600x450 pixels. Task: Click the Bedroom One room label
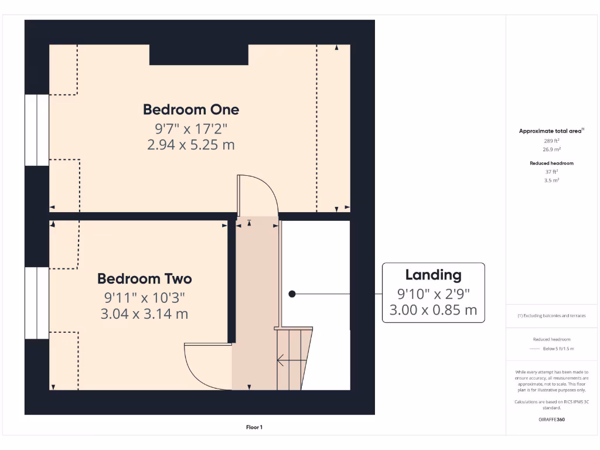pyautogui.click(x=191, y=110)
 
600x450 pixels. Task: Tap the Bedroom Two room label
pyautogui.click(x=145, y=278)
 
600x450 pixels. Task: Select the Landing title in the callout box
pyautogui.click(x=434, y=275)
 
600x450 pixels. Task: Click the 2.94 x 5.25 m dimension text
pyautogui.click(x=191, y=145)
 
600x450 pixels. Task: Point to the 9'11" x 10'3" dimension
pyautogui.click(x=145, y=297)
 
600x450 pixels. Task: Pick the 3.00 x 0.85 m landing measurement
pyautogui.click(x=434, y=310)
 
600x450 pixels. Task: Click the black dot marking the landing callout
pyautogui.click(x=292, y=294)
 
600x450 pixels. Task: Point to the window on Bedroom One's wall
pyautogui.click(x=37, y=130)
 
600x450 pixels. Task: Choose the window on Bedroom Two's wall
pyautogui.click(x=37, y=303)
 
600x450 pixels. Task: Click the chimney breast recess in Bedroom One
pyautogui.click(x=199, y=54)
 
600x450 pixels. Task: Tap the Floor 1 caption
pyautogui.click(x=254, y=427)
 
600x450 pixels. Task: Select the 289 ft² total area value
pyautogui.click(x=551, y=141)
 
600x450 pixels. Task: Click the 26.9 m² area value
pyautogui.click(x=551, y=149)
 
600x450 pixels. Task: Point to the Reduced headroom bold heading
pyautogui.click(x=551, y=163)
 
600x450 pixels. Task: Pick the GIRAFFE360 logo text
pyautogui.click(x=551, y=420)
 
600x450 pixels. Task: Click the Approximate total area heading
pyautogui.click(x=551, y=131)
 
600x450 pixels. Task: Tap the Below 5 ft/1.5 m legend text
pyautogui.click(x=558, y=349)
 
